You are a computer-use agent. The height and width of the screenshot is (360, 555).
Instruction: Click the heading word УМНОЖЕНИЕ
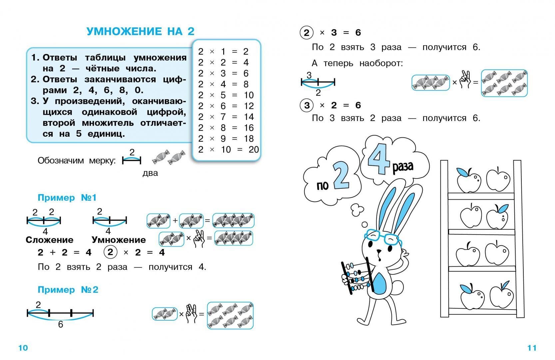[125, 31]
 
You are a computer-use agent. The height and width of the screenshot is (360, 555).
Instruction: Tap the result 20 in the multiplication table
[254, 149]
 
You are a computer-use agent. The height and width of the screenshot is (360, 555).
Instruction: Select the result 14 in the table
[249, 117]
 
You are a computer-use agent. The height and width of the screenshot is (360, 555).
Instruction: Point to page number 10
[23, 348]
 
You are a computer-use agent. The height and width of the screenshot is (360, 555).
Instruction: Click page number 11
[532, 348]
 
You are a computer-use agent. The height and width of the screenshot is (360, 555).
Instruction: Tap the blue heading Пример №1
[67, 198]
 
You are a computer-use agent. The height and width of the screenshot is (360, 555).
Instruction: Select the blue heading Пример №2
[68, 290]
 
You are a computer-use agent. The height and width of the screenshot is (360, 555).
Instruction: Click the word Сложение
[49, 240]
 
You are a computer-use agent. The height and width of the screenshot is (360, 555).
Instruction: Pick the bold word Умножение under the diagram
[119, 240]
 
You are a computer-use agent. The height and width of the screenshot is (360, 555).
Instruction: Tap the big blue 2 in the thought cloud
[341, 176]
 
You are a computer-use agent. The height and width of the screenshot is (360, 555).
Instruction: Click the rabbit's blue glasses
[383, 237]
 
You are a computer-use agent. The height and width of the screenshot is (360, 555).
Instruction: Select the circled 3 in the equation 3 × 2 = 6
[306, 105]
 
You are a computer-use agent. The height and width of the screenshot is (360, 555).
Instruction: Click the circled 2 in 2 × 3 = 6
[306, 33]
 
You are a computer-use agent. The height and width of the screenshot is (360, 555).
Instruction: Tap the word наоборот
[381, 63]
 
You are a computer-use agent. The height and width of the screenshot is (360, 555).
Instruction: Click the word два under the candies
[150, 173]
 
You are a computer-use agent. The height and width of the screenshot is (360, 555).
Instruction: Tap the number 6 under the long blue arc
[60, 324]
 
